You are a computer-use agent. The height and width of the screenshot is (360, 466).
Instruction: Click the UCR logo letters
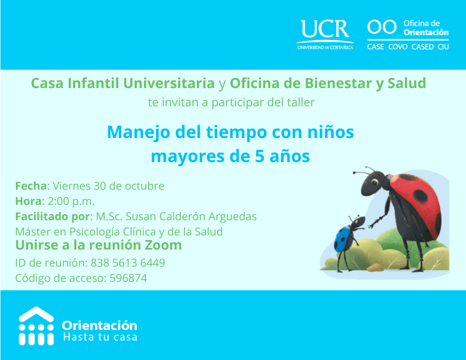click(325, 29)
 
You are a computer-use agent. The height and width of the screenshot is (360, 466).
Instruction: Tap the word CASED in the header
click(423, 47)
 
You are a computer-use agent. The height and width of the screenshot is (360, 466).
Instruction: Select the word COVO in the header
click(398, 47)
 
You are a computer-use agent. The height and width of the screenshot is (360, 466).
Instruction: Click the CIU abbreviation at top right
click(443, 47)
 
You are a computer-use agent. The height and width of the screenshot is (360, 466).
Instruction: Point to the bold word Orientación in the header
click(426, 32)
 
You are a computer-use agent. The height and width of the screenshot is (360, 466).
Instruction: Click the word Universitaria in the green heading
click(169, 83)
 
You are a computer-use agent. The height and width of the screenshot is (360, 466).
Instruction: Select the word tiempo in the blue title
click(237, 133)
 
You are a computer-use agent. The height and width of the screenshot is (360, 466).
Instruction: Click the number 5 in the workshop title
click(260, 156)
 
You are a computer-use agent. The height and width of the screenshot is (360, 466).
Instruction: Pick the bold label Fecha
click(31, 186)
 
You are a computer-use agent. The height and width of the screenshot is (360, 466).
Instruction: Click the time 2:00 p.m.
click(71, 201)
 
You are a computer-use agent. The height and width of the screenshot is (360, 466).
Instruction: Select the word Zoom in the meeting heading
click(163, 245)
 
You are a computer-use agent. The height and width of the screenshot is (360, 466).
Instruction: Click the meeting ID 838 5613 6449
click(128, 263)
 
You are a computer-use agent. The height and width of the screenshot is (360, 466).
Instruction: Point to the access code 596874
click(128, 278)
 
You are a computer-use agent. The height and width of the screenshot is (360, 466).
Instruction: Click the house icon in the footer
click(36, 326)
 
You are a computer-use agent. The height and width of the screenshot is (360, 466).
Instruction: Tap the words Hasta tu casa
click(100, 338)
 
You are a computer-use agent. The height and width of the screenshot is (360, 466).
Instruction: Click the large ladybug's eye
click(374, 181)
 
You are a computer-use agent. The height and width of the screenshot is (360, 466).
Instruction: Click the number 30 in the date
click(100, 186)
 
